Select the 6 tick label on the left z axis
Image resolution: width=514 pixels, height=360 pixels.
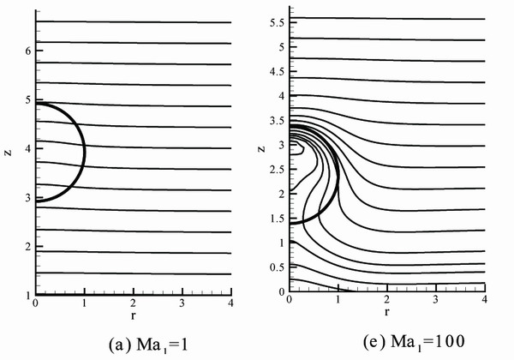(x=28, y=51)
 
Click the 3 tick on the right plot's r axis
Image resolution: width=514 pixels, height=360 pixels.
(x=436, y=300)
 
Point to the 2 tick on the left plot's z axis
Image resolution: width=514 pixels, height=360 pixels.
(x=28, y=246)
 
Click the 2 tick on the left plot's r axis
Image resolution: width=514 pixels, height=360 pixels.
(x=133, y=303)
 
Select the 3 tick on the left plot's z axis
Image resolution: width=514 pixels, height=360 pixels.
(x=28, y=197)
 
